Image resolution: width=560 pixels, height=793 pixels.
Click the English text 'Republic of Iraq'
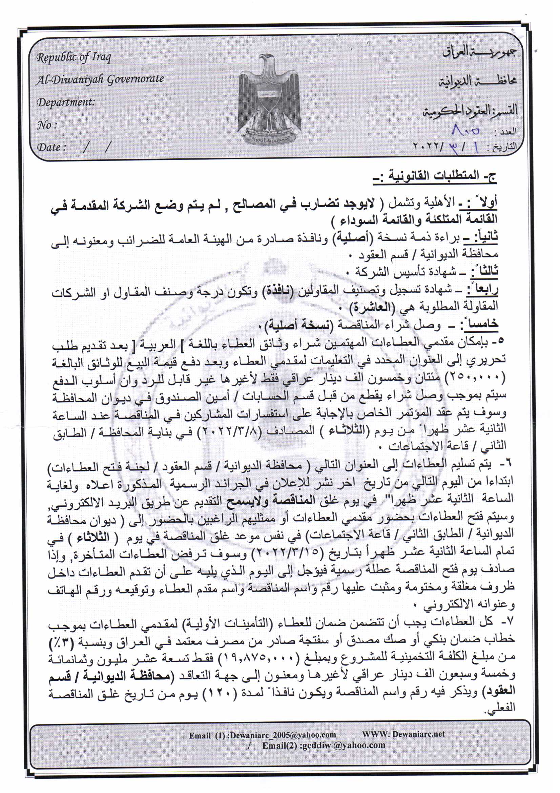pos(74,57)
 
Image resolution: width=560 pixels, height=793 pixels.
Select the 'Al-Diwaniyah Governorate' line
pos(100,79)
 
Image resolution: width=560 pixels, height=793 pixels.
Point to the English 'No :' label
pos(46,125)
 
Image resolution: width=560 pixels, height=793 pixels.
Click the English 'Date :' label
pos(51,148)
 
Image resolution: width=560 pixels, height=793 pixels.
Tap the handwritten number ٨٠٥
pos(465,131)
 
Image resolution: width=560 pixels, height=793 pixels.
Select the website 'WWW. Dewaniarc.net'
pos(403,734)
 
